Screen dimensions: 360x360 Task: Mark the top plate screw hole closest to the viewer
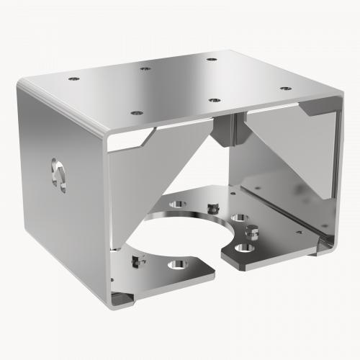click(135, 112)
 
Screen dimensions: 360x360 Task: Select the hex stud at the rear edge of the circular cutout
click(211, 208)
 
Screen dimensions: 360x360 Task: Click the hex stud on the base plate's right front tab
click(253, 232)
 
